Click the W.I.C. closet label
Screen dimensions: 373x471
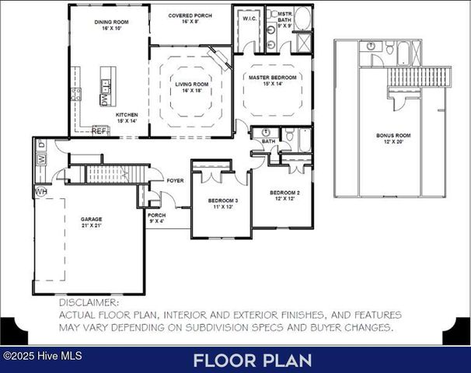[x=249, y=18]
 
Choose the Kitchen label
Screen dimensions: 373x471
[x=127, y=117]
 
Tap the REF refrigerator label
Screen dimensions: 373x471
[x=99, y=131]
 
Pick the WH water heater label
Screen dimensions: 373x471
[x=40, y=190]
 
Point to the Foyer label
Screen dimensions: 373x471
[x=176, y=181]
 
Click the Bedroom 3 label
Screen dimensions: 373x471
[x=223, y=204]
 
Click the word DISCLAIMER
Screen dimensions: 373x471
[x=89, y=302]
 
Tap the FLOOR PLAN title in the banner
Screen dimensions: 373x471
[x=253, y=361]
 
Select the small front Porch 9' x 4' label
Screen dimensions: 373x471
[x=157, y=218]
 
